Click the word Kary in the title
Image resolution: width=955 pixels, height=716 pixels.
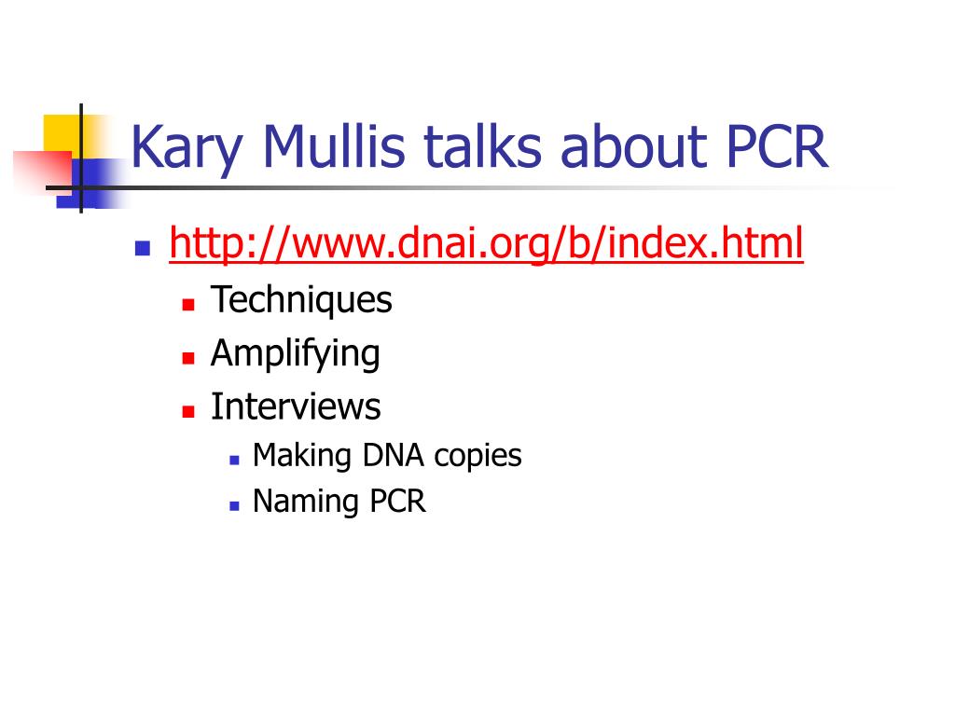187,149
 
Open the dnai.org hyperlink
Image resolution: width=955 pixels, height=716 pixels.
486,243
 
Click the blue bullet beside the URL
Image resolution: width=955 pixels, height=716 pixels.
143,248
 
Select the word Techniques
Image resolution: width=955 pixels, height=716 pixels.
301,300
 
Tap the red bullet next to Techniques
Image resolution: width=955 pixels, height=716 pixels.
188,304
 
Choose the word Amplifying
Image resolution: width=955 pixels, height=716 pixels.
296,353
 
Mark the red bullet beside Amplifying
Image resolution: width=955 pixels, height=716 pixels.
188,357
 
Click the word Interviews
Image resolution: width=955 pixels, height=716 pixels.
296,406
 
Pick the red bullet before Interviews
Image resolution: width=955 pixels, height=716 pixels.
188,411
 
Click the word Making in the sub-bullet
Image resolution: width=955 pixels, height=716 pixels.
302,456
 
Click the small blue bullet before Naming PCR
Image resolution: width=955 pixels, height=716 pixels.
234,505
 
